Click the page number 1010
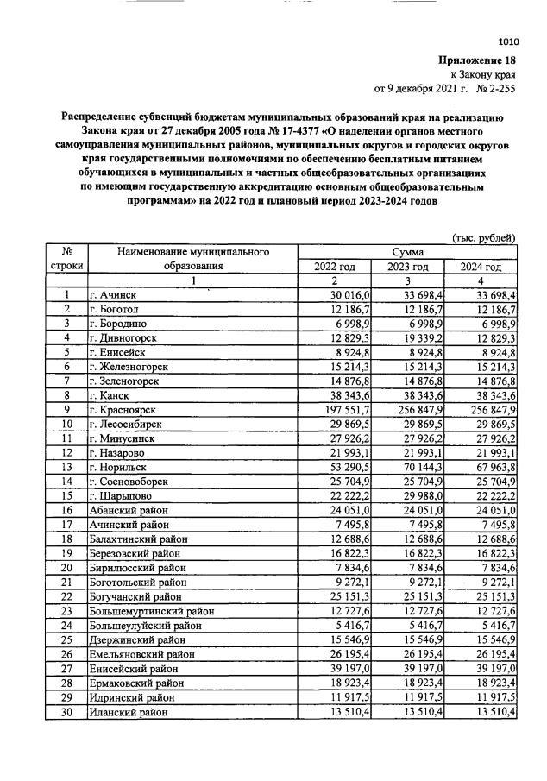pyautogui.click(x=508, y=41)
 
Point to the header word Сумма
pyautogui.click(x=407, y=251)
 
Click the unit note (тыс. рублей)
pyautogui.click(x=484, y=237)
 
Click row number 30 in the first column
pyautogui.click(x=66, y=713)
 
